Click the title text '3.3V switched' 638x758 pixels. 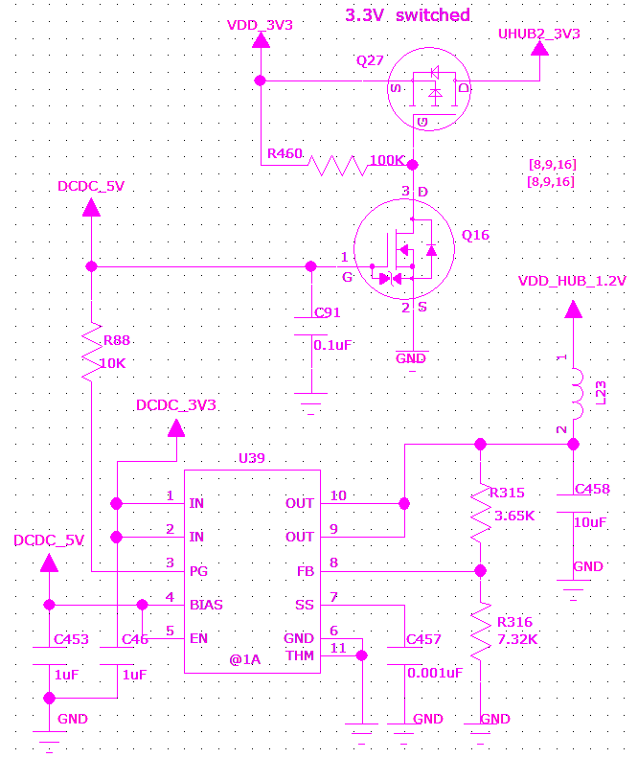[407, 15]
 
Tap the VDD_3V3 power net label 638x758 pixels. [260, 25]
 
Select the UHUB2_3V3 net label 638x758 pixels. [539, 34]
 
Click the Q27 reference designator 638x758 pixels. [370, 60]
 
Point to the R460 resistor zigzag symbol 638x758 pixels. [338, 166]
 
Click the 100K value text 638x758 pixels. [387, 160]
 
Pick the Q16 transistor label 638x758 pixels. [475, 235]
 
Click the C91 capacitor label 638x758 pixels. [328, 312]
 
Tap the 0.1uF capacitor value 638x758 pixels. [332, 345]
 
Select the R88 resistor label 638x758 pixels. [117, 340]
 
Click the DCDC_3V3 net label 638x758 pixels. [176, 405]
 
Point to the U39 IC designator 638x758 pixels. [252, 458]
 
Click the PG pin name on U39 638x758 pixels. [198, 571]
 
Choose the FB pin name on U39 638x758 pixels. [306, 571]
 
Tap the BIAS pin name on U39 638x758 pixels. [206, 605]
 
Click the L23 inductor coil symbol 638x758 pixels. [578, 394]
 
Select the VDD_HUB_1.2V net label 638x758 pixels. [572, 281]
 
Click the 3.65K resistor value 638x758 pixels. [514, 516]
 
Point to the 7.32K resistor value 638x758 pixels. [517, 639]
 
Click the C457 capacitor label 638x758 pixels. [423, 639]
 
